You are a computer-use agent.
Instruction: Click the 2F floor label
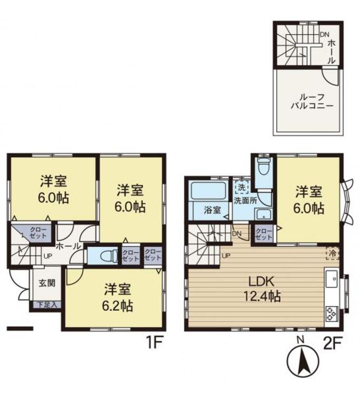(332, 343)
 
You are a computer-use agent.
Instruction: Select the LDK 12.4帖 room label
(262, 289)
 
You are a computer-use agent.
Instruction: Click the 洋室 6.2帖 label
(117, 298)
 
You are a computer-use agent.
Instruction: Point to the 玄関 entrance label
(47, 283)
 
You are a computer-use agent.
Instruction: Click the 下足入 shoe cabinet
(46, 304)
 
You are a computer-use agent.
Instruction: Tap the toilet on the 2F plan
(264, 166)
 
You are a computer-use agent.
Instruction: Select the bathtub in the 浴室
(208, 191)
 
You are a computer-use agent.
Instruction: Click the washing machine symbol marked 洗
(242, 187)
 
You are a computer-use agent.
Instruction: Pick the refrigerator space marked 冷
(332, 254)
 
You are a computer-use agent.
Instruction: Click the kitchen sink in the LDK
(332, 279)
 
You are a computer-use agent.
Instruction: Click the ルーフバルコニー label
(312, 101)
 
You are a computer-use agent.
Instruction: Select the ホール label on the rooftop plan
(332, 52)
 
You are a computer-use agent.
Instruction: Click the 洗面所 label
(245, 201)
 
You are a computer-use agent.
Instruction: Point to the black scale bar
(20, 328)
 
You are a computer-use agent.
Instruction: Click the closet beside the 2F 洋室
(264, 234)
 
